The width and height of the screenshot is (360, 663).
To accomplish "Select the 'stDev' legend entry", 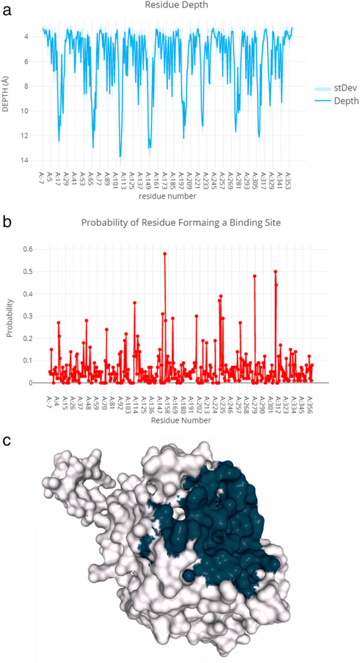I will (342, 88).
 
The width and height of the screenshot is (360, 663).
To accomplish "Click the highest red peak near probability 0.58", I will (165, 254).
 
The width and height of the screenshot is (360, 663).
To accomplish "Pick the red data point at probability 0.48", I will (255, 276).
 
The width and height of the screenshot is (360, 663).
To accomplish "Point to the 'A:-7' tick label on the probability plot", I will (50, 399).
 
